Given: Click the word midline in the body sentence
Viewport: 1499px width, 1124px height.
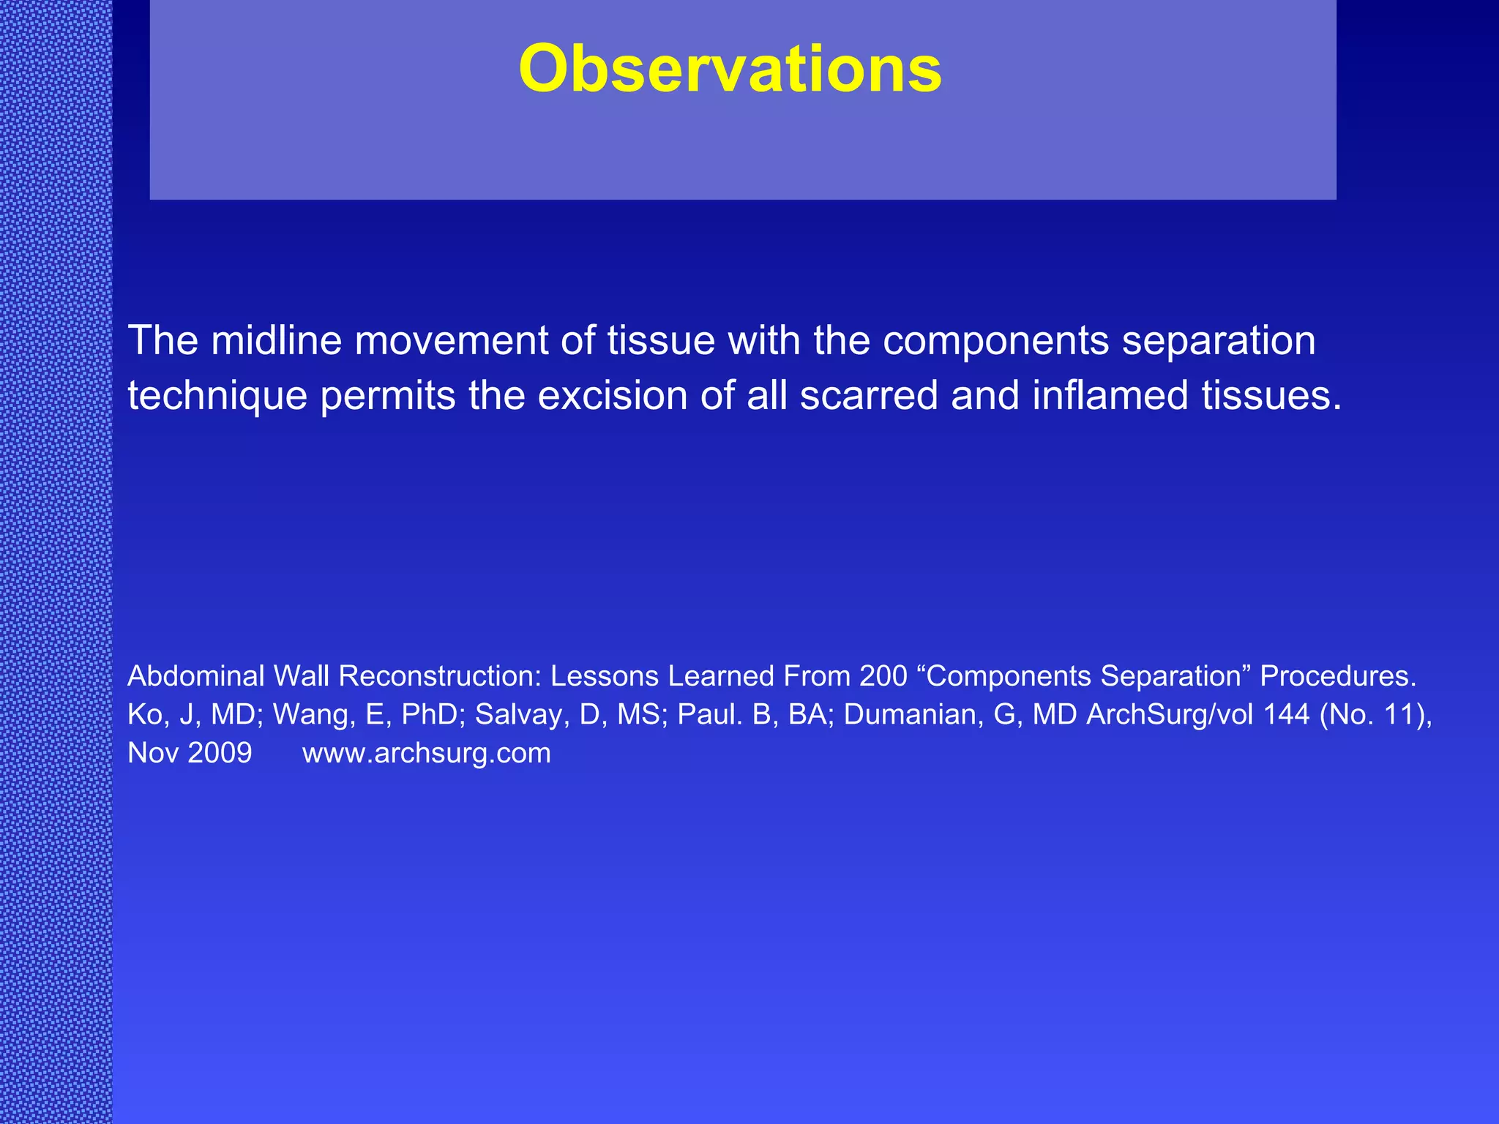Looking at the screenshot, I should click(x=277, y=340).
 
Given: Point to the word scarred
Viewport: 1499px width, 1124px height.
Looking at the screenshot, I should click(x=869, y=396).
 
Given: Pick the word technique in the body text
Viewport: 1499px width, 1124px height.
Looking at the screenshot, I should click(x=217, y=396).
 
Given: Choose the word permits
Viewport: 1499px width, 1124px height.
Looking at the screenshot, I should click(x=388, y=396).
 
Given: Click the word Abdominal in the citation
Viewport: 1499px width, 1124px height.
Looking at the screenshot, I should click(x=195, y=675).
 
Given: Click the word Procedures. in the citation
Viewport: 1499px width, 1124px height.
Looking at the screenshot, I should click(x=1338, y=675).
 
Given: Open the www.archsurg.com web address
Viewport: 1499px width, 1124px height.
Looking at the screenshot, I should click(x=427, y=753).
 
